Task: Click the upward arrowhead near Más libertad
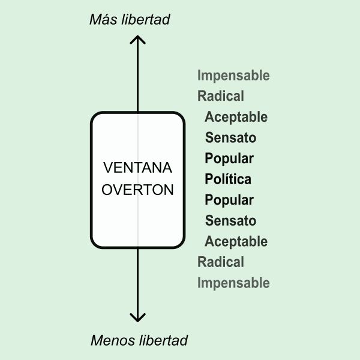(x=138, y=40)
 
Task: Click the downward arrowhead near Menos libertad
(x=138, y=317)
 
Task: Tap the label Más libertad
(x=130, y=19)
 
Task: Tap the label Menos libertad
(x=139, y=341)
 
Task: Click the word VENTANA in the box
(x=137, y=167)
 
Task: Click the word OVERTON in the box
(x=138, y=190)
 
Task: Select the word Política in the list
(x=228, y=179)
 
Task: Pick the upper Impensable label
(x=233, y=76)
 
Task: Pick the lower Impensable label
(x=233, y=283)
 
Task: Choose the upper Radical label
(x=221, y=96)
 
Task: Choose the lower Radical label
(x=221, y=262)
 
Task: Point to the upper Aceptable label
(x=236, y=117)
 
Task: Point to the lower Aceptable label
(x=236, y=241)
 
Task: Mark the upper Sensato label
(x=230, y=137)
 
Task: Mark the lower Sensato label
(x=230, y=221)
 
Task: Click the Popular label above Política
(x=229, y=158)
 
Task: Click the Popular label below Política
(x=229, y=200)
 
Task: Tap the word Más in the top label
(x=103, y=19)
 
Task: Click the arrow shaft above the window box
(x=138, y=78)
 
